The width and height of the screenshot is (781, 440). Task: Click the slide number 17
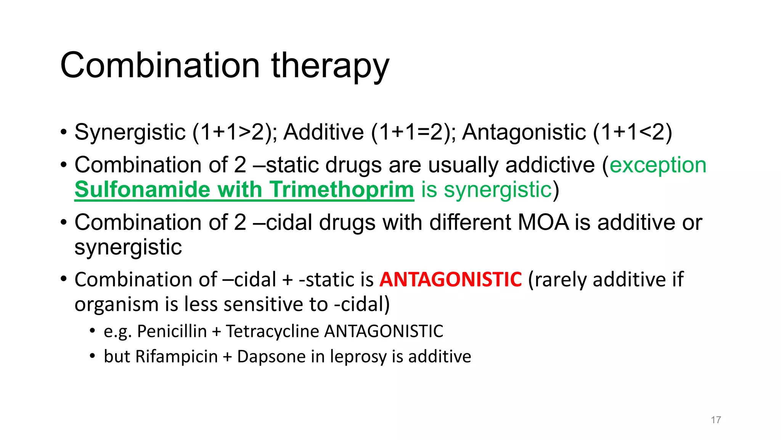coord(716,420)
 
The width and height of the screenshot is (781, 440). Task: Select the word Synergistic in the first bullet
coord(130,133)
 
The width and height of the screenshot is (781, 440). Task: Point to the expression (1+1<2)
coord(632,133)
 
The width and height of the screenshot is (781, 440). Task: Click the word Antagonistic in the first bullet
coord(524,133)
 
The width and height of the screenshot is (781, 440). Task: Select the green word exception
coord(658,165)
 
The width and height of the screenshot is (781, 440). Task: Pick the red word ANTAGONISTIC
coord(450,280)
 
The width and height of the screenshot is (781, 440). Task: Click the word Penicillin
coord(172,331)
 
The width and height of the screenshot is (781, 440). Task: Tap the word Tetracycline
coord(272,331)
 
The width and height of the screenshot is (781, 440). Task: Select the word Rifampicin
coord(176,357)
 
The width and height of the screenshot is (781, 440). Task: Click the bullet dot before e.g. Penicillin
coord(92,331)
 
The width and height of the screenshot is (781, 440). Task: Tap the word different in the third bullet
coord(470,222)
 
